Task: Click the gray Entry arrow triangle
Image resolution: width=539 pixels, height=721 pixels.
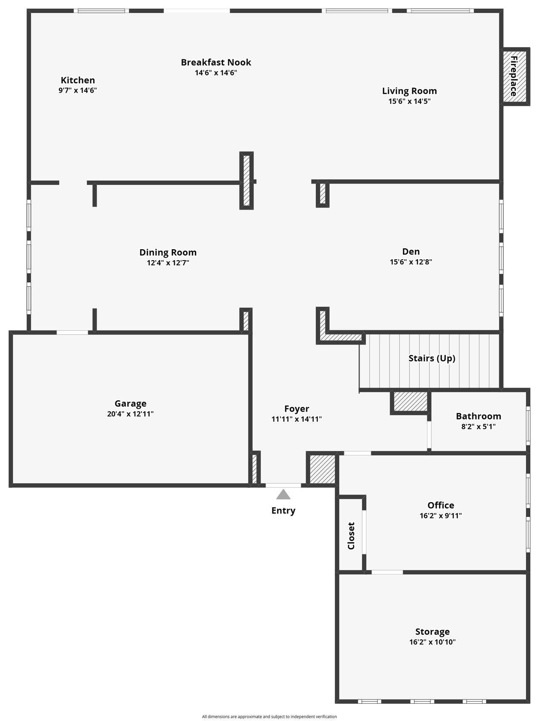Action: pos(283,494)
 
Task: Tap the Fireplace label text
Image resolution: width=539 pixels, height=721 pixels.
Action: pos(514,76)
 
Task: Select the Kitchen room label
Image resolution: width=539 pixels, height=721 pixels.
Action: pos(78,80)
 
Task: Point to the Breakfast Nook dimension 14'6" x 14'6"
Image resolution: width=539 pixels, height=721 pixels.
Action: pos(216,73)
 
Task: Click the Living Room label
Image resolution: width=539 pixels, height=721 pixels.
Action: pos(409,91)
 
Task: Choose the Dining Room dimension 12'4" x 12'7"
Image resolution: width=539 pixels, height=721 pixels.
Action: pos(168,263)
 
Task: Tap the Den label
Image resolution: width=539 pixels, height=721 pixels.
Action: pos(411,251)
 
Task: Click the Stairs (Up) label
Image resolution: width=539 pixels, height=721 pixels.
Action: pos(432,358)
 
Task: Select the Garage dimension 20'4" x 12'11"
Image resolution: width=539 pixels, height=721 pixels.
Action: pos(131,414)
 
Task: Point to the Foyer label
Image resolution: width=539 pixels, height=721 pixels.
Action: pos(297,409)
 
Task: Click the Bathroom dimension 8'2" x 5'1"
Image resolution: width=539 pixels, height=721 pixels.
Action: pos(478,426)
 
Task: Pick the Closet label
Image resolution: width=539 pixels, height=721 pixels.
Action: pos(351,536)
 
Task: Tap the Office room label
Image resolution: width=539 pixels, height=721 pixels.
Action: pos(441,505)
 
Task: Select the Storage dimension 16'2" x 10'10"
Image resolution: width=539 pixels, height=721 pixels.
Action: pos(432,642)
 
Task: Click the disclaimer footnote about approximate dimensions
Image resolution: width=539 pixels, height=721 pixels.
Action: pos(269,716)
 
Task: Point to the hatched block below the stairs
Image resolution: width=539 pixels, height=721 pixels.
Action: pos(411,402)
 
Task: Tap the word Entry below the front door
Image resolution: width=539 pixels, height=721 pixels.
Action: pos(283,511)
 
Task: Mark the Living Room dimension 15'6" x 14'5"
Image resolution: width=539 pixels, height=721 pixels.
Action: pos(409,101)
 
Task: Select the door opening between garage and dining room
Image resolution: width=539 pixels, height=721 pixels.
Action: pos(72,333)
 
